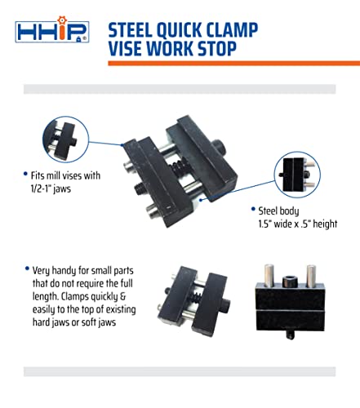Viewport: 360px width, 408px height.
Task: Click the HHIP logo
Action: (50, 32)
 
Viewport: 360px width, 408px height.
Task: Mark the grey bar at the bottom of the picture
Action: (180, 371)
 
